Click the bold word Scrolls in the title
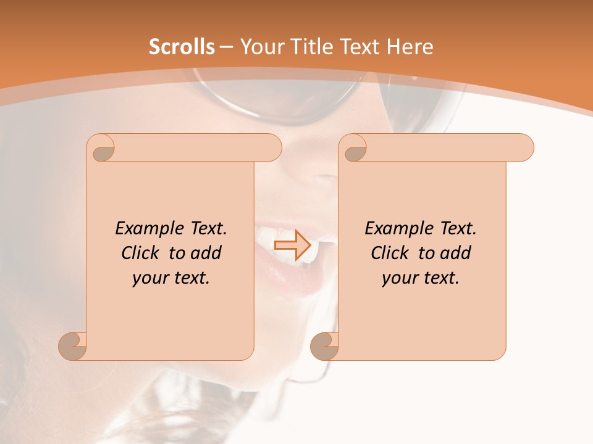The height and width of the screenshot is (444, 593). [x=182, y=47]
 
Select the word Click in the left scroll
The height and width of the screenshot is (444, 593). [x=140, y=253]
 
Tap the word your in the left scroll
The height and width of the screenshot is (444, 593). [x=149, y=278]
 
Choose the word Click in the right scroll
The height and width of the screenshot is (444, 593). [x=389, y=253]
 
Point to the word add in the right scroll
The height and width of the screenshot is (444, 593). [x=455, y=253]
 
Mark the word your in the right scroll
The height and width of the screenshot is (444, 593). [x=399, y=278]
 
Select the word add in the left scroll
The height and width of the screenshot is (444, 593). [x=206, y=253]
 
